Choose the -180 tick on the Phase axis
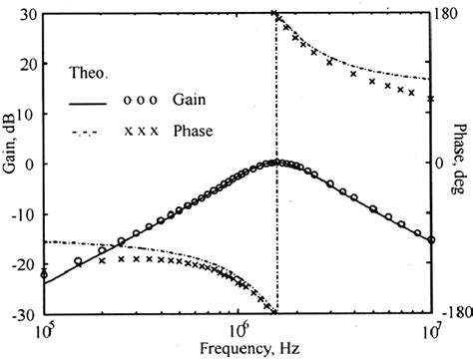[456, 312]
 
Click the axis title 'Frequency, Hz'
[238, 348]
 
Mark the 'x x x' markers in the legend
[140, 131]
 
